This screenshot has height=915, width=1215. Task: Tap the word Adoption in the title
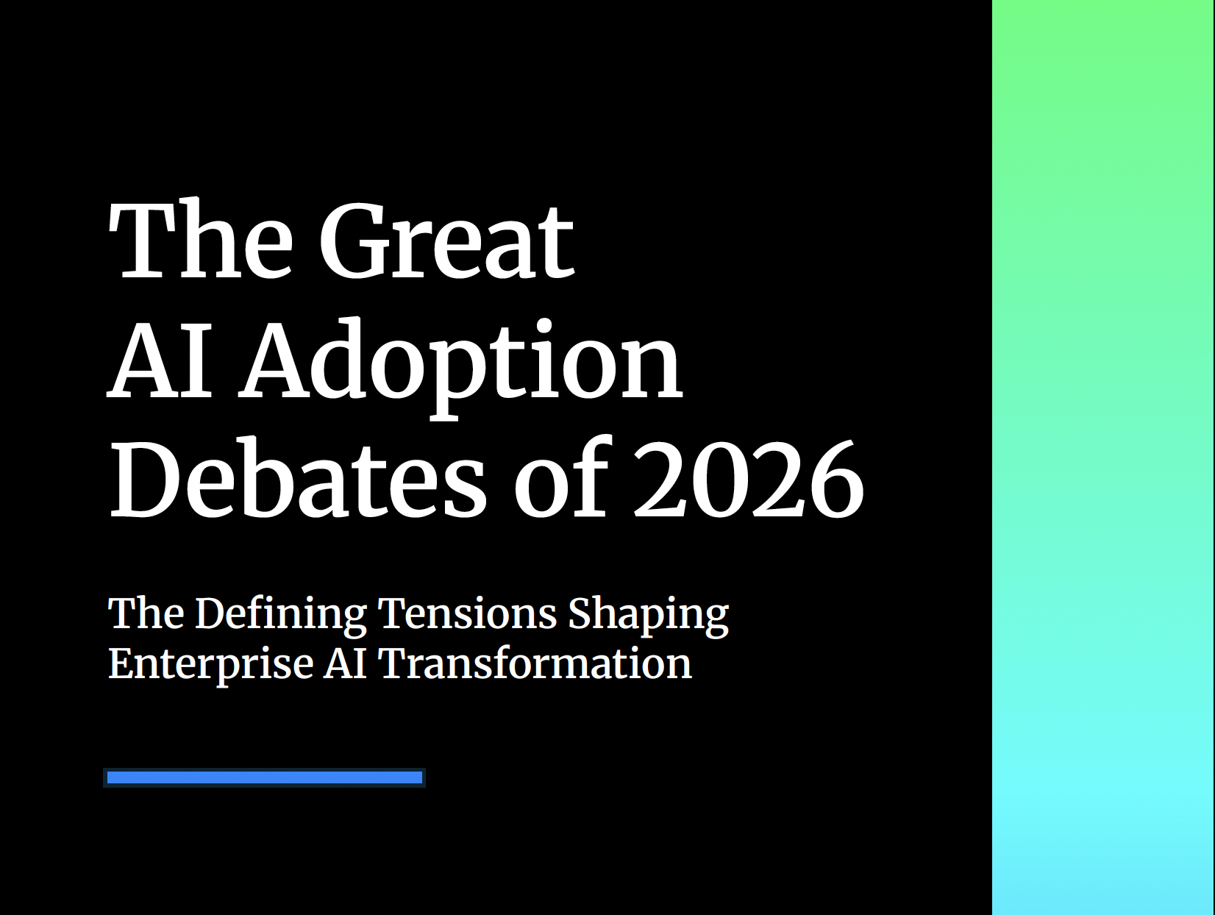pos(462,362)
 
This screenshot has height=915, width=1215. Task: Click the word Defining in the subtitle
pos(281,613)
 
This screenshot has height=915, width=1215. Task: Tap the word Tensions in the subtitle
pos(467,613)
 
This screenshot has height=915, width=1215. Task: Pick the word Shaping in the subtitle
pos(648,615)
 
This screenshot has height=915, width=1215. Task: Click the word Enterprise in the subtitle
pos(210,663)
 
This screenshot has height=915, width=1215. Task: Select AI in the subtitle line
pos(345,663)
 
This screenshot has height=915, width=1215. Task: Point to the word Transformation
pos(535,663)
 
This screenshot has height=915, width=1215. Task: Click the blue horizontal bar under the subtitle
pos(265,777)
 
